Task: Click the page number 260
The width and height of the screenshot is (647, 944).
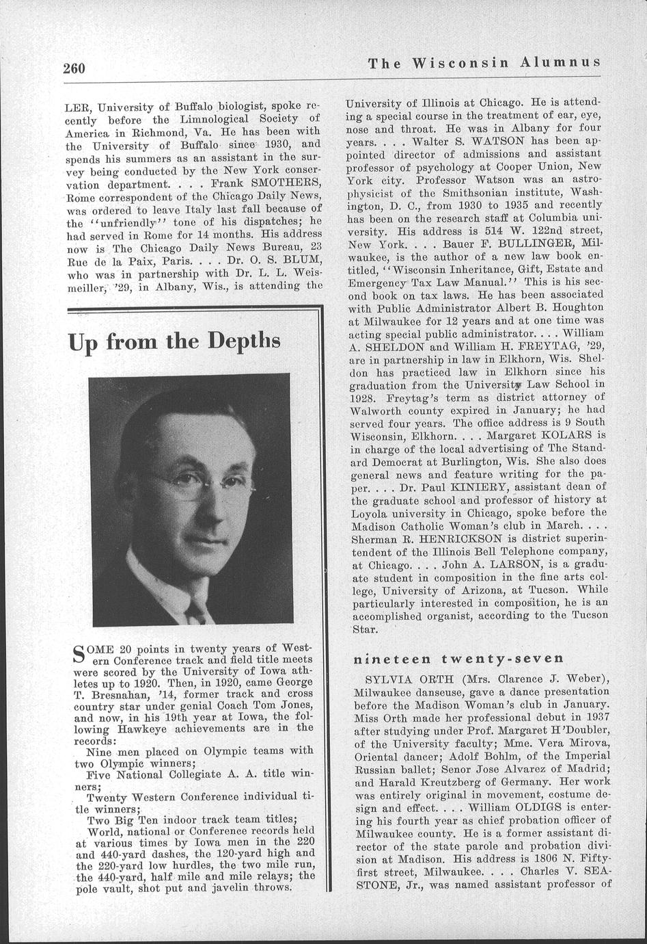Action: tap(74, 68)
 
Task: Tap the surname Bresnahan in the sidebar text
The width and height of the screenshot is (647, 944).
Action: tap(114, 694)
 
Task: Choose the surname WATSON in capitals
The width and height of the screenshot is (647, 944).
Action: tap(499, 140)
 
